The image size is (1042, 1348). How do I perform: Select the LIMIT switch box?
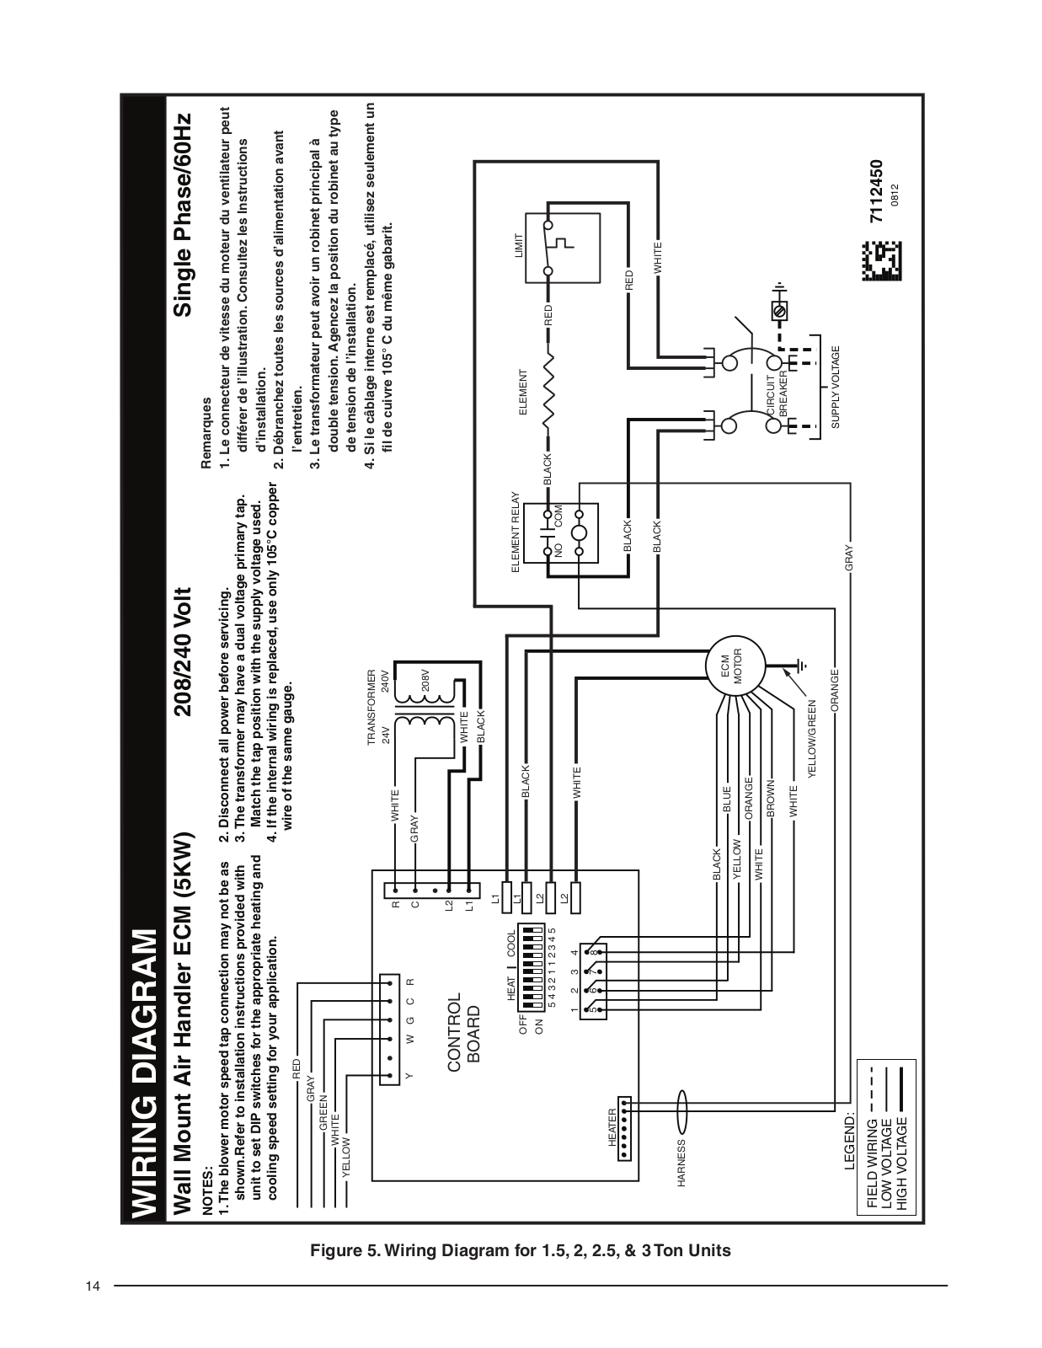pos(564,249)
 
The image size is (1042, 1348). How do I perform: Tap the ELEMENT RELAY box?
pos(562,532)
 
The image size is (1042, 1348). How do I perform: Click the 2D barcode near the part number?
pos(881,261)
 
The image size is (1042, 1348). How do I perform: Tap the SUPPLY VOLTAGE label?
pos(835,387)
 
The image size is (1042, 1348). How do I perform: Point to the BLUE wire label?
pos(727,799)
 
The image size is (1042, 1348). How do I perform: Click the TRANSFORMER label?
pos(371,707)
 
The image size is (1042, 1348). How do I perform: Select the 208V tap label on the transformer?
pos(425,681)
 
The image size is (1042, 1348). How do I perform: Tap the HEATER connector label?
pos(612,1127)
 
